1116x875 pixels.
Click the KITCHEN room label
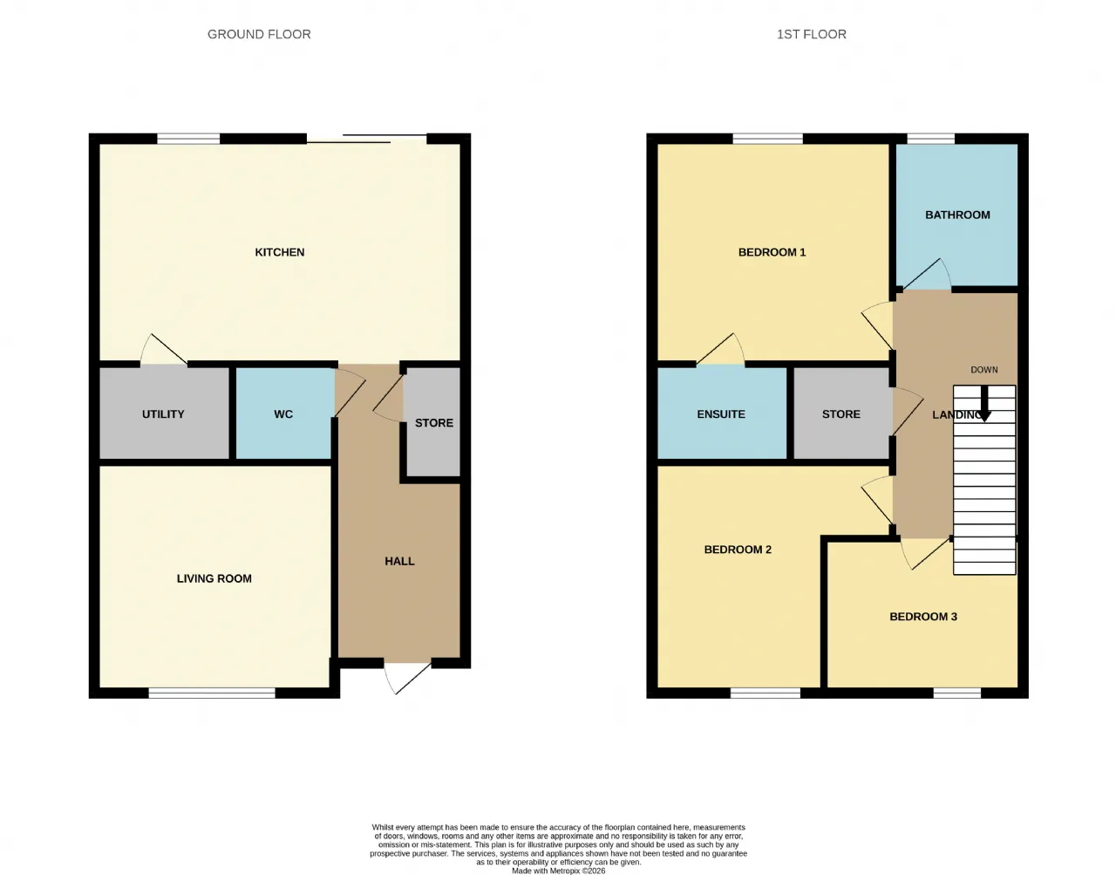point(279,252)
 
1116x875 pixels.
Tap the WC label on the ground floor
point(283,414)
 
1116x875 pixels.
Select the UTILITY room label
point(163,414)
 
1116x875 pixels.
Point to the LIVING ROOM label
point(214,578)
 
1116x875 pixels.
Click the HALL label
point(399,561)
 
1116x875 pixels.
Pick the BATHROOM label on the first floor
point(957,215)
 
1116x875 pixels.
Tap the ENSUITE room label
point(720,414)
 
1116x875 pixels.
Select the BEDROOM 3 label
point(923,617)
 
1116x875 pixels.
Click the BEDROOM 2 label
point(738,550)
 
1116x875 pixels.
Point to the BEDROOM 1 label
point(772,252)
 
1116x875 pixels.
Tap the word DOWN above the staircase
point(984,370)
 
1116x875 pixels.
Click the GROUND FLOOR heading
point(259,34)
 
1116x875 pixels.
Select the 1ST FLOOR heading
point(812,34)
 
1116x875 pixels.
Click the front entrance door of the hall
point(407,677)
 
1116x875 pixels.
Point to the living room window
point(212,693)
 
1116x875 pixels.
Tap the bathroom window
point(930,139)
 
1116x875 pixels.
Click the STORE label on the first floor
point(840,414)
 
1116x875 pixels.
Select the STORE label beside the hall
point(434,423)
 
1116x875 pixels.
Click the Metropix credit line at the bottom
point(558,871)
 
